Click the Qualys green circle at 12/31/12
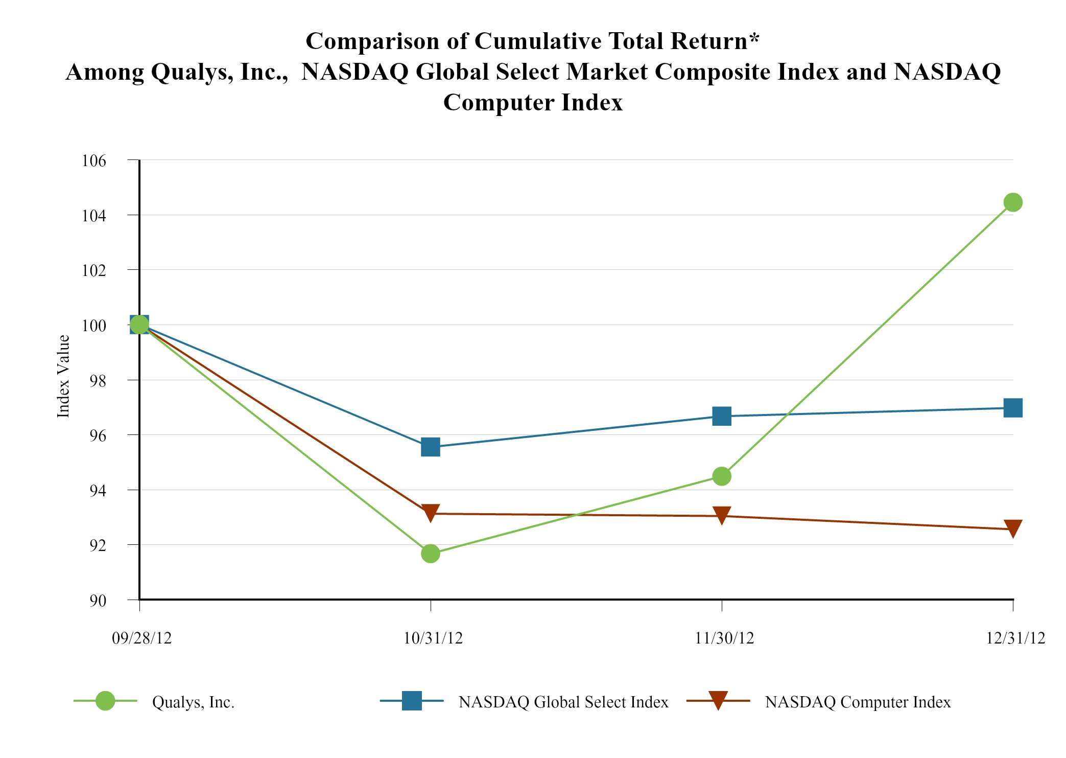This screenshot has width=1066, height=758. coord(1012,202)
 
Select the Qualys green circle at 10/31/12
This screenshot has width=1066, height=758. coord(431,553)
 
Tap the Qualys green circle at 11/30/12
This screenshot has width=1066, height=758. coord(721,476)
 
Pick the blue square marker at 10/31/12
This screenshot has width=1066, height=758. coord(431,447)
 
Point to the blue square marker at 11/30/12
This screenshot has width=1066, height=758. coord(721,417)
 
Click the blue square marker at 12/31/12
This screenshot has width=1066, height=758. coord(1012,408)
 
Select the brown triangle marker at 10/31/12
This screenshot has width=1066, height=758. coord(431,513)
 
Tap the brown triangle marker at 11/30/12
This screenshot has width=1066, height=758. coord(721,516)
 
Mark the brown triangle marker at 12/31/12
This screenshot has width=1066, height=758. coord(1012,529)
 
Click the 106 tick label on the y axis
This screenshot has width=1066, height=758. coord(94,161)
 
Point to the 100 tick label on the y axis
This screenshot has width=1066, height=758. coord(94,326)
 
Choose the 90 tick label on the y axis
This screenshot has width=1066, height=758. coord(99,601)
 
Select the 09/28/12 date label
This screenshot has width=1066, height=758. coord(142,638)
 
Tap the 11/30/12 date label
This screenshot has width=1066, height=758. coord(724,638)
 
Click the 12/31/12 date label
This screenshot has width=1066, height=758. coord(1015,638)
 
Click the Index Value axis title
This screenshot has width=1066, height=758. coord(63,376)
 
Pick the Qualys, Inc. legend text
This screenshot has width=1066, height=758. coord(193,702)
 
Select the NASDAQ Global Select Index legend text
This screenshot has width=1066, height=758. coord(563,702)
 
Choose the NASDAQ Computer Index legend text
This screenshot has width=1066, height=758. coord(858,702)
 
